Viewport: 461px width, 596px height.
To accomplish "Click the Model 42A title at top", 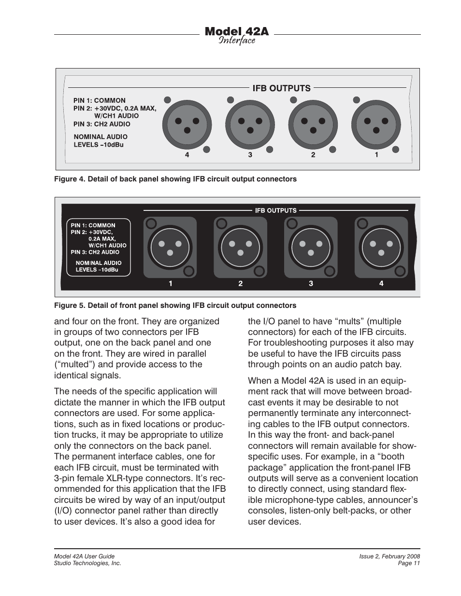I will click(x=236, y=31).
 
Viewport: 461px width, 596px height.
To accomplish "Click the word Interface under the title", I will click(x=236, y=41).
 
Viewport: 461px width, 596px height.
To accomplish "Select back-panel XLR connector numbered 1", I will click(x=375, y=125).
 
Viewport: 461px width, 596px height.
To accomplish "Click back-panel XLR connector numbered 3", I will click(x=250, y=125).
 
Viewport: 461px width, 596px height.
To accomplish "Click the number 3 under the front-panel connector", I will click(x=311, y=284).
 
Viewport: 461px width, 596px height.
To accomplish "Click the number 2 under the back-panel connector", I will click(x=313, y=155).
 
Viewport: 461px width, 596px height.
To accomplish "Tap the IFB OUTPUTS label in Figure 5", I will click(x=276, y=210).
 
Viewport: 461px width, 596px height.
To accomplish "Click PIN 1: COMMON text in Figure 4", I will click(x=100, y=101).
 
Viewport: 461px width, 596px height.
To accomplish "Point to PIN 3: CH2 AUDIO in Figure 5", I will click(x=95, y=252).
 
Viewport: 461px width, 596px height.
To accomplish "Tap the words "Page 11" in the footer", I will click(x=408, y=563).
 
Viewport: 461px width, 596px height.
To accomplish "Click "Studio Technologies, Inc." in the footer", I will click(x=87, y=563).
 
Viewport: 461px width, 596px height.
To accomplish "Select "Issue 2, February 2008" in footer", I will click(x=389, y=556).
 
